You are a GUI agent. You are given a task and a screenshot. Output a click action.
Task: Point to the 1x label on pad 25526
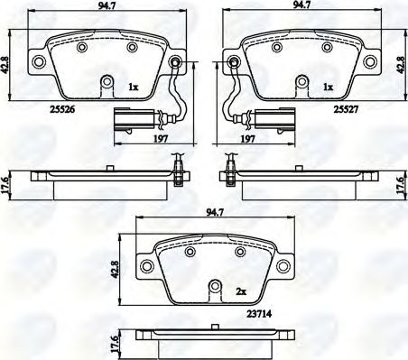tap(134, 88)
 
